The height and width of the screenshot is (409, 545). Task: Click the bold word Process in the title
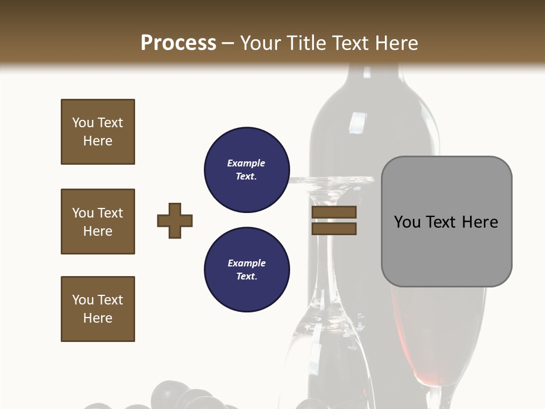point(178,43)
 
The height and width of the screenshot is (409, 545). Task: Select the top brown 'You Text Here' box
point(98,132)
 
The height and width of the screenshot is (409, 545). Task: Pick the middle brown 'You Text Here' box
point(98,222)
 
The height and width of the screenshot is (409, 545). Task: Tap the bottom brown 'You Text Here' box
point(98,309)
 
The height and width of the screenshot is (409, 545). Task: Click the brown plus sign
point(175,220)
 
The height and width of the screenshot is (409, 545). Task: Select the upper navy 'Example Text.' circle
point(246,169)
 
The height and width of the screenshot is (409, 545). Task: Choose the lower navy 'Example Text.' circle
point(246,269)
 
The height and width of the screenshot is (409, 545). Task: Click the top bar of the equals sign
point(334,212)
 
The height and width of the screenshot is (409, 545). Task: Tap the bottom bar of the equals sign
point(334,228)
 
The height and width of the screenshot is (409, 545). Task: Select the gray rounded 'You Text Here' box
point(446,222)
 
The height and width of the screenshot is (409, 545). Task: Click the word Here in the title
point(397,43)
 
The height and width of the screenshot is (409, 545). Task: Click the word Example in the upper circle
point(246,163)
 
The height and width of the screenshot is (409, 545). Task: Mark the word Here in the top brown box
point(98,141)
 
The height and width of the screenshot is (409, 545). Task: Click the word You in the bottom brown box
point(83,300)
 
